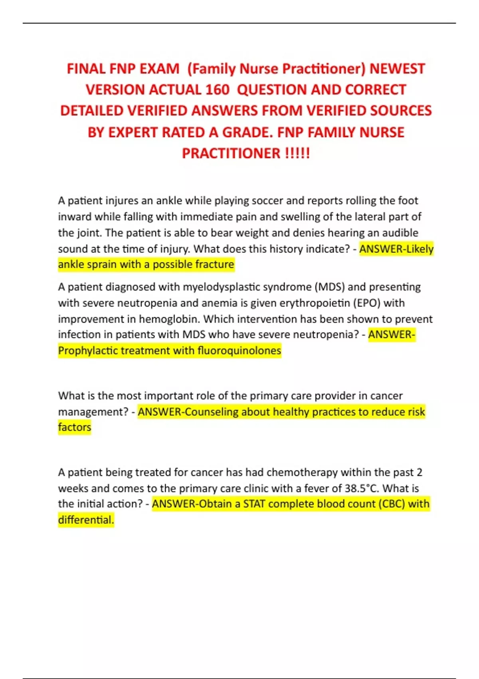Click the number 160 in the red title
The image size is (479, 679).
pos(217,90)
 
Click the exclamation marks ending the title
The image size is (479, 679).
pos(297,153)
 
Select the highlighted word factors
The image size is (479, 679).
pos(75,427)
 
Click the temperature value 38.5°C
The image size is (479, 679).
pos(361,488)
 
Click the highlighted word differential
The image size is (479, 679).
pos(86,520)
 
